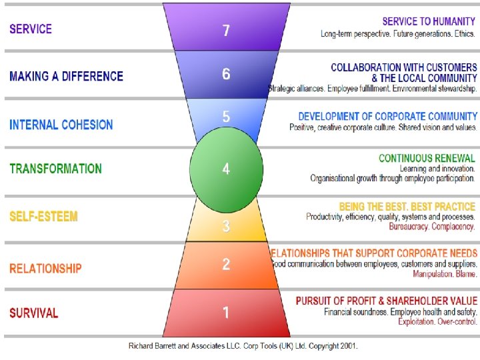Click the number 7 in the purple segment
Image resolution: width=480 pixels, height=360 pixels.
(226, 31)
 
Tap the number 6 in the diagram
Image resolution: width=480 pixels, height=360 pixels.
(226, 74)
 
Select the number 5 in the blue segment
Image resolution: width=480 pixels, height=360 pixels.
(226, 117)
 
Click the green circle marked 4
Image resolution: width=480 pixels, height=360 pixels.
(226, 169)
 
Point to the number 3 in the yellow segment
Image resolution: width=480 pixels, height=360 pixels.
(226, 226)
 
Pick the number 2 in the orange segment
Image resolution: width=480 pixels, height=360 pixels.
(226, 265)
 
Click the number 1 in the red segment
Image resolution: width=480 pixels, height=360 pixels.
(226, 312)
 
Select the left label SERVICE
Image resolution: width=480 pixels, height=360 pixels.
(31, 29)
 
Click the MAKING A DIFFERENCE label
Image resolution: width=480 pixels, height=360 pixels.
(67, 76)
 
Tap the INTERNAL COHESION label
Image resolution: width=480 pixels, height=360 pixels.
(61, 125)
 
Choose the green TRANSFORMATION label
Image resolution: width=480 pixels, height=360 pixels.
(56, 168)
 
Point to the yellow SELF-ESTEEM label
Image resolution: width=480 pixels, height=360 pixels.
(44, 217)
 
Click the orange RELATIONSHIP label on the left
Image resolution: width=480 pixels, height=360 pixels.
(46, 269)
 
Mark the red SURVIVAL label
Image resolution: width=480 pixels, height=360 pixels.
(34, 313)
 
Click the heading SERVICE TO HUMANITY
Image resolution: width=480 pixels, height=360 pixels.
(429, 21)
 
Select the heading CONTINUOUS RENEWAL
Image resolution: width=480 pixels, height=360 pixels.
(427, 158)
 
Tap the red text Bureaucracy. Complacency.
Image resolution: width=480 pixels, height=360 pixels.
(432, 227)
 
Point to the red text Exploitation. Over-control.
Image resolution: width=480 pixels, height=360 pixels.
(437, 322)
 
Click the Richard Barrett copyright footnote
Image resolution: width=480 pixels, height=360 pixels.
(243, 347)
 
